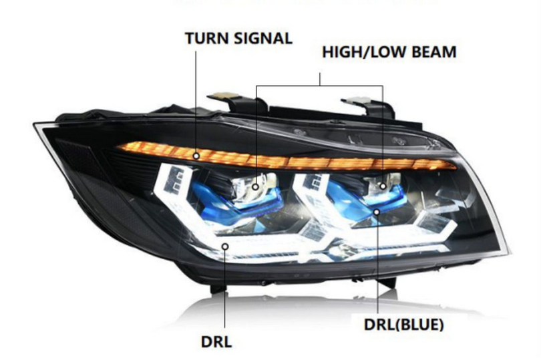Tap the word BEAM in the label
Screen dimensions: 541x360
pos(434,52)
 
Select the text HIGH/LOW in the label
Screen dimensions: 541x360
pos(365,52)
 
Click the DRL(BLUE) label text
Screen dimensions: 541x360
pos(403,325)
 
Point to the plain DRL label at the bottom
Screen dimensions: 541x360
pos(216,342)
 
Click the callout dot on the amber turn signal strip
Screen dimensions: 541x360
pos(196,156)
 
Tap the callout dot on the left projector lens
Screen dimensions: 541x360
pos(255,187)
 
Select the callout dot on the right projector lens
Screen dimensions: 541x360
pos(383,186)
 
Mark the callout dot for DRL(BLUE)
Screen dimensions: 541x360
pos(377,212)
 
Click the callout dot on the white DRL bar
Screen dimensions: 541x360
pos(225,246)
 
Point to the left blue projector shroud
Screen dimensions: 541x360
pos(234,200)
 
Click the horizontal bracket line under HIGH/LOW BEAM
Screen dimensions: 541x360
pos(319,85)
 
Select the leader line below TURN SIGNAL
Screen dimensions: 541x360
pos(196,102)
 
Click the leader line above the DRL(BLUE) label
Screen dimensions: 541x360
pos(377,264)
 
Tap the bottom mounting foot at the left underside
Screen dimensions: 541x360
pos(218,288)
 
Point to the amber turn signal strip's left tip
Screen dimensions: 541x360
pos(118,147)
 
